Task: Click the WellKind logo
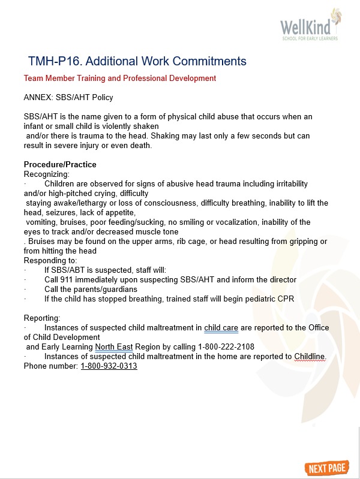pyautogui.click(x=310, y=26)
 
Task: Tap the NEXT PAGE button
pyautogui.click(x=329, y=468)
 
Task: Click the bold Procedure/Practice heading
pyautogui.click(x=60, y=165)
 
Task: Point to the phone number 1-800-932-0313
pyautogui.click(x=109, y=366)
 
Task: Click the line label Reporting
pyautogui.click(x=42, y=318)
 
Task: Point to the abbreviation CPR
pyautogui.click(x=284, y=299)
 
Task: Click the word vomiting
pyautogui.click(x=41, y=222)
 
